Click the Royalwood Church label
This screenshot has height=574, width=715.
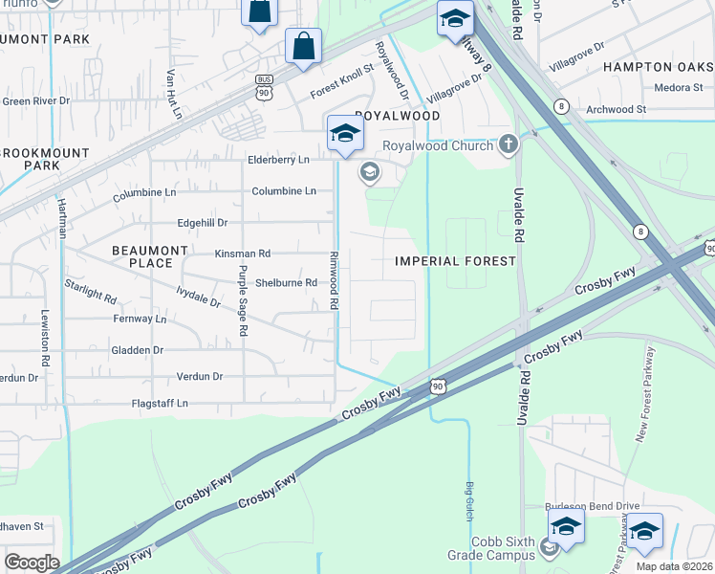point(438,145)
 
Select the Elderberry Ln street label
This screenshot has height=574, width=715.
point(278,160)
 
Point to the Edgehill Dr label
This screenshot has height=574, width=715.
point(203,223)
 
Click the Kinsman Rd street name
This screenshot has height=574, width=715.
point(243,254)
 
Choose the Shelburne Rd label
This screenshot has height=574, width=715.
point(286,283)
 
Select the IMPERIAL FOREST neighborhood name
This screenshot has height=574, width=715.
point(455,260)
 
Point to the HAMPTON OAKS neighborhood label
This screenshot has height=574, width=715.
point(659,67)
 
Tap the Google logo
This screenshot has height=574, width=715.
point(32,563)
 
